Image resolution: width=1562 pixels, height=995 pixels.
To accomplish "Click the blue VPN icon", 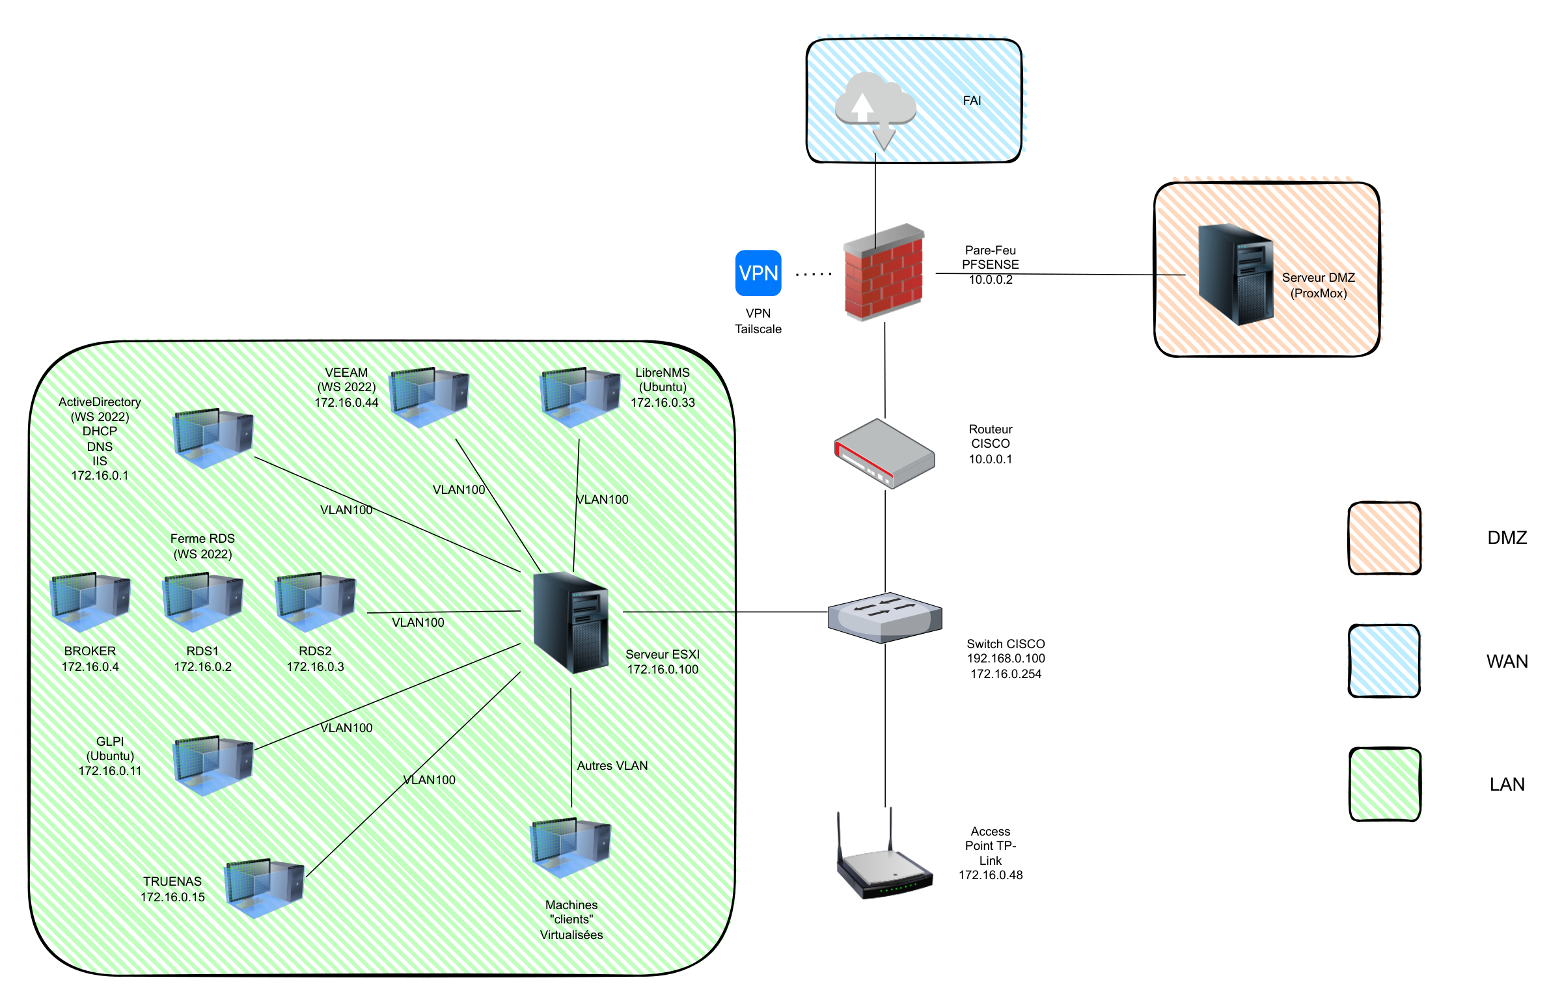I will (x=758, y=273).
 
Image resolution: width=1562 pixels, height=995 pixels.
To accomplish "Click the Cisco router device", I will (x=884, y=454).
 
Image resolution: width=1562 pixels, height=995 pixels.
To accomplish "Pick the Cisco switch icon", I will (x=884, y=617).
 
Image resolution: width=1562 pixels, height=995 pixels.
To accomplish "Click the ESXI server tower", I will (x=571, y=622).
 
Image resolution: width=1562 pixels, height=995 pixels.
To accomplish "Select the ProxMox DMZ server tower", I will (x=1235, y=274).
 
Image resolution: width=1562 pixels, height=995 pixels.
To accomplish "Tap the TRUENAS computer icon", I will (x=264, y=888).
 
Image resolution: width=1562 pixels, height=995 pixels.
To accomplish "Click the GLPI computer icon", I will (x=213, y=765).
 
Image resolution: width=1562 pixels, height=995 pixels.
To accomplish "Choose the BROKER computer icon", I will (x=90, y=602).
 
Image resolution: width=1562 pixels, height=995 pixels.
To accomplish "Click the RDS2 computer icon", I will (x=315, y=602).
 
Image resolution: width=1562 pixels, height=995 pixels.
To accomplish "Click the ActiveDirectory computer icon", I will (x=213, y=438).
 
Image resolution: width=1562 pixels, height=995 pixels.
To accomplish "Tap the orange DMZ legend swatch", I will (x=1384, y=538).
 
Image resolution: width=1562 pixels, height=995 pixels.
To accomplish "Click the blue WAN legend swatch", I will (x=1384, y=661).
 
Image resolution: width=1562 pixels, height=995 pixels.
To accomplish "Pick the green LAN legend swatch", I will (x=1384, y=784).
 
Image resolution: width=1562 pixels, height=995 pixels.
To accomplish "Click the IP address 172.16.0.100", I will (x=663, y=670).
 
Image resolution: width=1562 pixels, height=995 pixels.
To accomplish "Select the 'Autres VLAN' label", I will (x=612, y=766).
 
